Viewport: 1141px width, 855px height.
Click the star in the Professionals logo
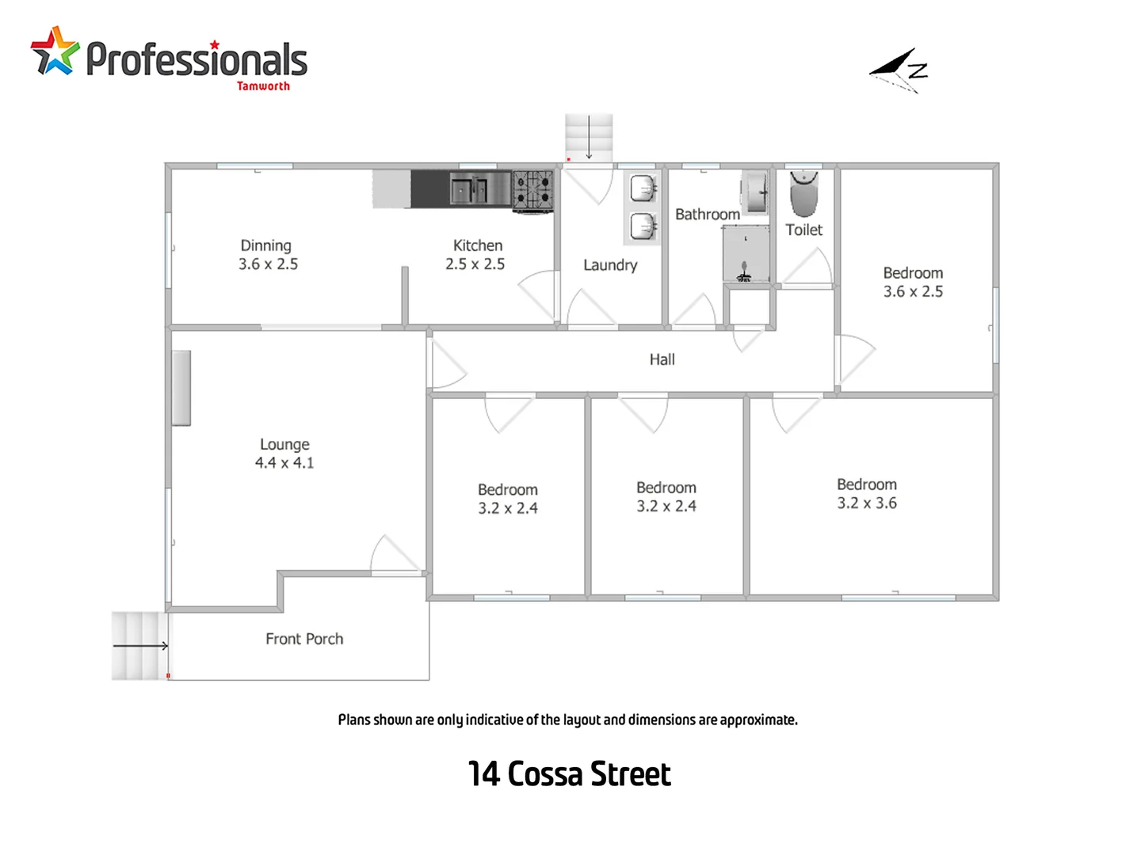tap(55, 52)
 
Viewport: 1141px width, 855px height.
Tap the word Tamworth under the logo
tap(263, 86)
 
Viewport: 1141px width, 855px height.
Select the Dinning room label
tap(266, 245)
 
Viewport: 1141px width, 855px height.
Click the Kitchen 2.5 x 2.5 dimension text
tap(475, 264)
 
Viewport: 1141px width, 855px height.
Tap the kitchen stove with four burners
tap(532, 190)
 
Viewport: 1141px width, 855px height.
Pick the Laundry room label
tap(610, 265)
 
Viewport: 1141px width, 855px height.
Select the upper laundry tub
tap(643, 189)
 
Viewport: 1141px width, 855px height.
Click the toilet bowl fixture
tap(803, 194)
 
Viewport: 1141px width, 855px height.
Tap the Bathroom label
tap(707, 215)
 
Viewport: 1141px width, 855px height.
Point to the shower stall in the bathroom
tap(746, 253)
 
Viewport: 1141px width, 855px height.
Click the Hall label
tap(662, 359)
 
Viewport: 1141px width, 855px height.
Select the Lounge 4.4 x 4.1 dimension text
tap(284, 463)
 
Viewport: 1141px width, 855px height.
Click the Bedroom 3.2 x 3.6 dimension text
tap(867, 503)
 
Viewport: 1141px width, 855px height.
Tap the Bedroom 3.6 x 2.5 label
tap(913, 282)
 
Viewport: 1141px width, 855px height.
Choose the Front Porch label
tap(304, 639)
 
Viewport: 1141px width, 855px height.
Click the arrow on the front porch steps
tap(140, 646)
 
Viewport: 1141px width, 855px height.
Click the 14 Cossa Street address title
tap(569, 774)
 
